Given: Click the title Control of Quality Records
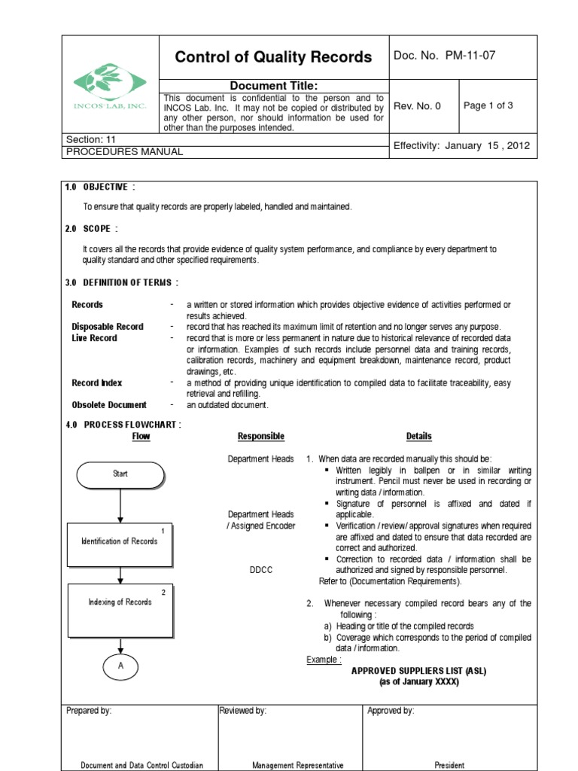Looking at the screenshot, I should pos(273,57).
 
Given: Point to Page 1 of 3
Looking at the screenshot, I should pos(488,105).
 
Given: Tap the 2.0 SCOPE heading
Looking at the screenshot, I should pos(92,229).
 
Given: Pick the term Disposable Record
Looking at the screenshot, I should pos(108,327).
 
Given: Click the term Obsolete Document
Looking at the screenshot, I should pos(109,405).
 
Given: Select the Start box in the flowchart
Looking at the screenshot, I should pos(120,474).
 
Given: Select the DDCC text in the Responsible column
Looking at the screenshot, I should pos(260,571).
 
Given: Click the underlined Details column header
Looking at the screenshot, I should pos(418,437).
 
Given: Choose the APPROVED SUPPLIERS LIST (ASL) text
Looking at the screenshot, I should pos(418,671).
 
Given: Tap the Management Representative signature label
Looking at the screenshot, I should pos(297,765).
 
